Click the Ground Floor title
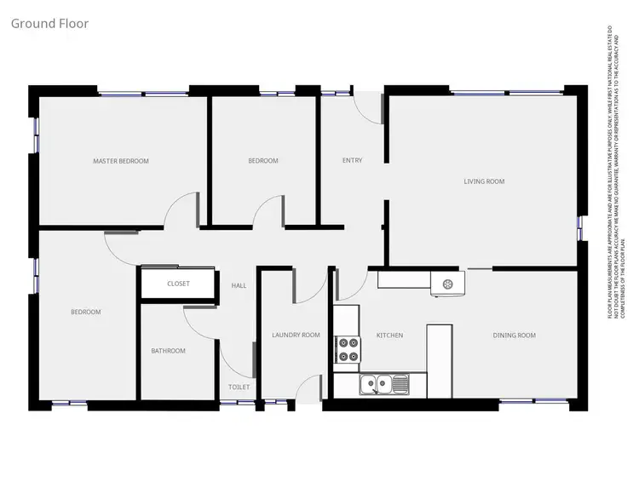[49, 23]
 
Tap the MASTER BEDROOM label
[121, 161]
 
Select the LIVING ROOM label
[484, 181]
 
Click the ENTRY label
[352, 160]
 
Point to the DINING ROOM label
[515, 336]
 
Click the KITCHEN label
[389, 336]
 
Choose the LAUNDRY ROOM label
[296, 336]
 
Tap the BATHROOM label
[168, 351]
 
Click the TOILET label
[239, 387]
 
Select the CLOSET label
[178, 284]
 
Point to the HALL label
[239, 285]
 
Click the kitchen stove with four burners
[348, 348]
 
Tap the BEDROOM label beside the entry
[263, 161]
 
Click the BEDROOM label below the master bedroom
[85, 313]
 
